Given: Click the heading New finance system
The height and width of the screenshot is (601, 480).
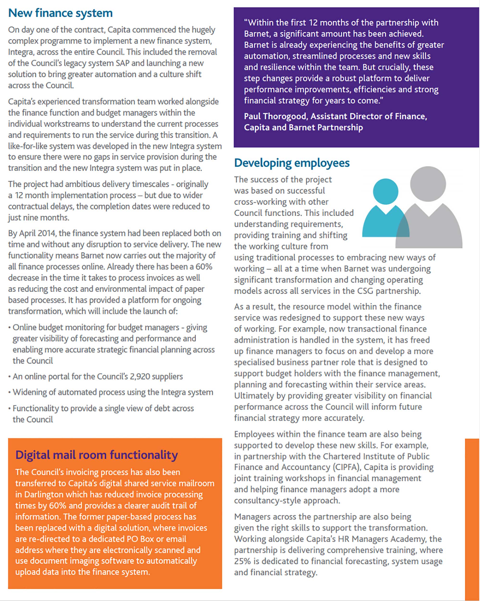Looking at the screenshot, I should point(61,13).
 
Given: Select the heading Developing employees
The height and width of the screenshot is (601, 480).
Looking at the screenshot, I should point(292,163).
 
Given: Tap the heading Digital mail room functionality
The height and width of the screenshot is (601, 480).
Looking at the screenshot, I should point(96,455).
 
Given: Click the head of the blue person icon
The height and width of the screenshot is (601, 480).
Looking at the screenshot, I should point(385,192).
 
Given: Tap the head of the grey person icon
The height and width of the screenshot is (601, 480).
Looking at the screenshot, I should point(428,184).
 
